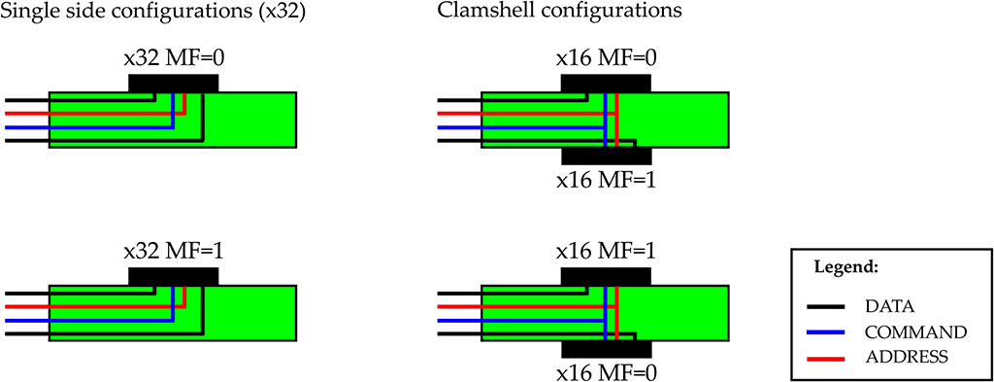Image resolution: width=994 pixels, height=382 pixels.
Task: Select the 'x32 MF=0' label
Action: coord(174,61)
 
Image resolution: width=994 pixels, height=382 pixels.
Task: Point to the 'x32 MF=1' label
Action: coord(174,254)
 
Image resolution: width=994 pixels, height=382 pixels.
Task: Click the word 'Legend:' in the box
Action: coord(845,269)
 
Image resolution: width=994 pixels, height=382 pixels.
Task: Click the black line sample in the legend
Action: coord(826,307)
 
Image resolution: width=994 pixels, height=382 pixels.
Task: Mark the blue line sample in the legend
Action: coord(826,332)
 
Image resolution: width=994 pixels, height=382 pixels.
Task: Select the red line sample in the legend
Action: coord(826,358)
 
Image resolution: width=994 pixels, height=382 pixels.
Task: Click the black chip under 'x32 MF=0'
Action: coord(173,83)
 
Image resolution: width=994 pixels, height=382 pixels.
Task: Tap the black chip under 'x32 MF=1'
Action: coord(173,276)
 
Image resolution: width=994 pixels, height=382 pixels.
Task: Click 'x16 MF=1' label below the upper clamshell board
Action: coord(606,180)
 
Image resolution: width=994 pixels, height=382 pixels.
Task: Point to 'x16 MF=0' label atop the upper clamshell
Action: coord(606,61)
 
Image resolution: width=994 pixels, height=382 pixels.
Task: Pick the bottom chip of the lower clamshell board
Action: coord(607,350)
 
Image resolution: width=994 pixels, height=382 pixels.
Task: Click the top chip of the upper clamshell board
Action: coord(606,83)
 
